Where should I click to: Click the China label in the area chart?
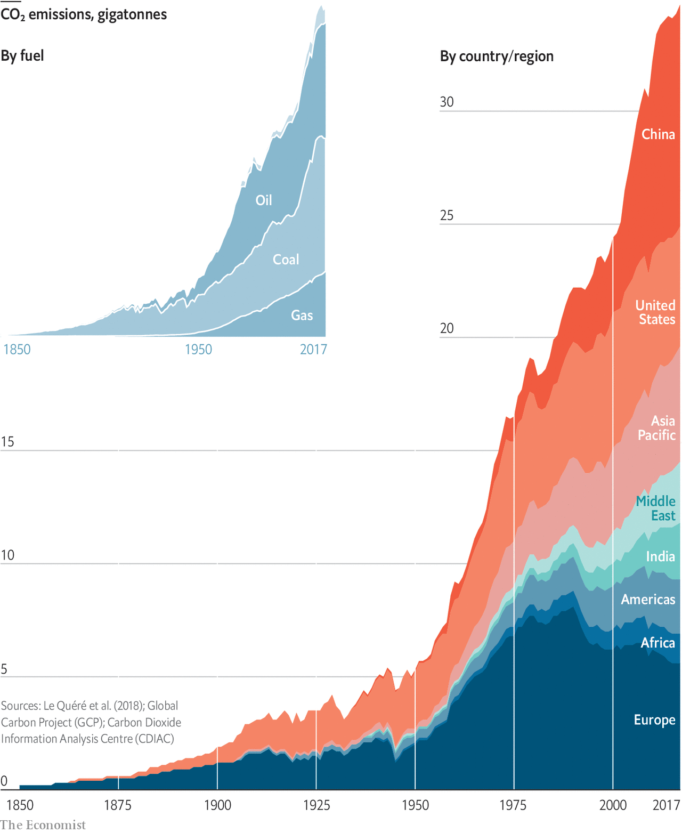pos(658,134)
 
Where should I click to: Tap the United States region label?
pos(655,312)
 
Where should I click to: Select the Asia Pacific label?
pos(657,428)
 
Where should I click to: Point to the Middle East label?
pos(656,508)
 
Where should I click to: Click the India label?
pos(660,556)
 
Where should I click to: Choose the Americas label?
pos(648,600)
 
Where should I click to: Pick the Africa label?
pos(657,643)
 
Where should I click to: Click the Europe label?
pos(654,720)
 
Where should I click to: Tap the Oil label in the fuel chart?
pos(264,200)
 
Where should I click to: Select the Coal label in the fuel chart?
pos(286,260)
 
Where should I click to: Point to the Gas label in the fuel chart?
pos(302,316)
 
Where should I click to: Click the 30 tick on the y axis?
pos(446,102)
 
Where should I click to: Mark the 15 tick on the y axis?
pos(7,442)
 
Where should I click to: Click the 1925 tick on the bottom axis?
pos(316,805)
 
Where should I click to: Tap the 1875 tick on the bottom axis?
pos(118,805)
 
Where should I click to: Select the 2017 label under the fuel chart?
pos(313,350)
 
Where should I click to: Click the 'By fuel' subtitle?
pos(22,56)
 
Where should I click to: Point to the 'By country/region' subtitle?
pos(497,56)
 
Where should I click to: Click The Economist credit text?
pos(43,825)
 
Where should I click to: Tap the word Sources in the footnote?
pos(20,706)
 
